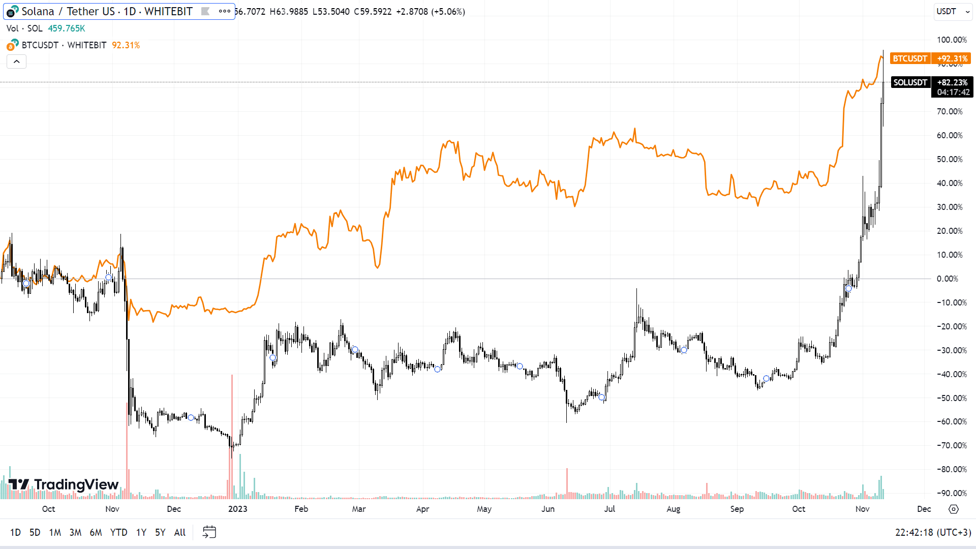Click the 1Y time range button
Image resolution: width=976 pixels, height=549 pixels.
pyautogui.click(x=141, y=532)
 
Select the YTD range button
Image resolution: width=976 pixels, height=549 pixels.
pyautogui.click(x=118, y=532)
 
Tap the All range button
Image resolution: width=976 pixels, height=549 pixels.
pyautogui.click(x=180, y=532)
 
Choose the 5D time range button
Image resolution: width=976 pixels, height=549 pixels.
pyautogui.click(x=35, y=532)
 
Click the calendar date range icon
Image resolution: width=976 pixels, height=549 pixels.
pyautogui.click(x=209, y=532)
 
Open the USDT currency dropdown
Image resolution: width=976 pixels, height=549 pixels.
pyautogui.click(x=953, y=11)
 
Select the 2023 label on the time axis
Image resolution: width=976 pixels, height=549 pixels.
pyautogui.click(x=237, y=509)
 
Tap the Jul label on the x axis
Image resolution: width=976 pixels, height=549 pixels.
pyautogui.click(x=609, y=509)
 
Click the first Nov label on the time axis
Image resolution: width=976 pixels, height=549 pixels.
pyautogui.click(x=112, y=509)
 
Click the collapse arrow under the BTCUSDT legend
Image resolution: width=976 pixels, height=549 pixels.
pyautogui.click(x=16, y=62)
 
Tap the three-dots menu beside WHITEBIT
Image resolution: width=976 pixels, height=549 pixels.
pyautogui.click(x=224, y=11)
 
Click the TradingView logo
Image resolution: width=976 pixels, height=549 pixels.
pyautogui.click(x=64, y=484)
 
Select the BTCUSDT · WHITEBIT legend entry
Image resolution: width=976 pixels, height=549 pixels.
pyautogui.click(x=64, y=45)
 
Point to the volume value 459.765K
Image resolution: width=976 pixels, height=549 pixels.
pyautogui.click(x=67, y=28)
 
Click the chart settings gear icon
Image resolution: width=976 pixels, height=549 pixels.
pyautogui.click(x=954, y=509)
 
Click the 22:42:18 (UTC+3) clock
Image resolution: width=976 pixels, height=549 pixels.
pyautogui.click(x=933, y=532)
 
